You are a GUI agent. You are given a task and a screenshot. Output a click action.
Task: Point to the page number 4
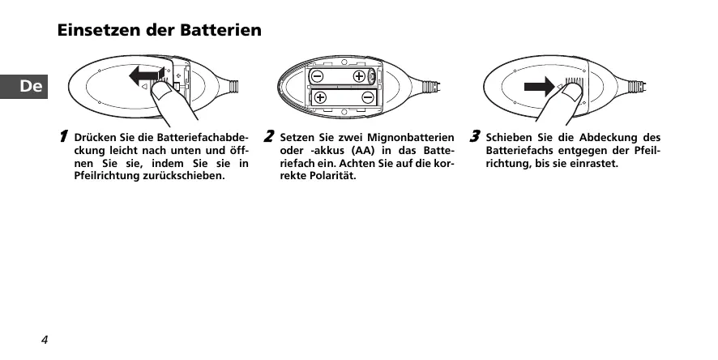tap(45, 339)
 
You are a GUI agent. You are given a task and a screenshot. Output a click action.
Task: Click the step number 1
tap(62, 136)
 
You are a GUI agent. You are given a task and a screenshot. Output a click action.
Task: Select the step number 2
tap(269, 135)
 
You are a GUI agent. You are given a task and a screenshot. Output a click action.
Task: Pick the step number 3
tap(476, 135)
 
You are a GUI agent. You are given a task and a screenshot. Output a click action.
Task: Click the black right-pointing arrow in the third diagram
tap(538, 87)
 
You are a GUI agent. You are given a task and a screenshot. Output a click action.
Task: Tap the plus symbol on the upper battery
tap(358, 76)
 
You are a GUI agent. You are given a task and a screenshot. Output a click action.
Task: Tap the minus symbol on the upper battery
tap(317, 76)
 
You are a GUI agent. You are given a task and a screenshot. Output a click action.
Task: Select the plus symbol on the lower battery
tap(321, 97)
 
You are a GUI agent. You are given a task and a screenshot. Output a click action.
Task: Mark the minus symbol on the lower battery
tap(368, 97)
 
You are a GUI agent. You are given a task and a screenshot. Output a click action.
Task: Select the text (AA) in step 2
tap(361, 151)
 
